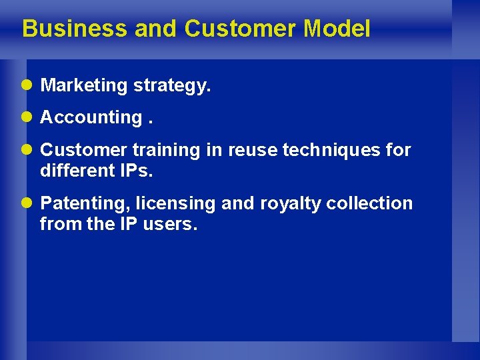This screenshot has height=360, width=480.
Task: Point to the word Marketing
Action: (x=84, y=85)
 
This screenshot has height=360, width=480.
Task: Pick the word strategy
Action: (x=172, y=86)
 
